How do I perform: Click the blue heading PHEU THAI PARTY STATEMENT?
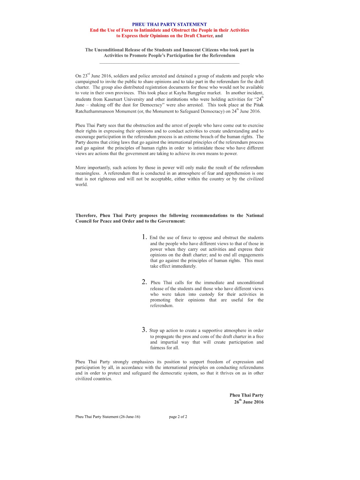[169, 24]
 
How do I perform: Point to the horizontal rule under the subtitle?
[169, 63]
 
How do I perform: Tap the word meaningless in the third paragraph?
[88, 173]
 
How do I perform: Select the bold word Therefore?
[86, 215]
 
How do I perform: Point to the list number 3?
[144, 330]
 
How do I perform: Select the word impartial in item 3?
[169, 342]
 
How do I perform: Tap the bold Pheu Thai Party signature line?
[246, 395]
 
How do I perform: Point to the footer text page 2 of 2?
[178, 417]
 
